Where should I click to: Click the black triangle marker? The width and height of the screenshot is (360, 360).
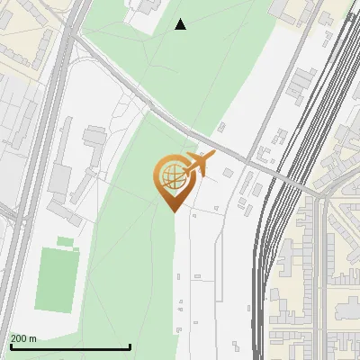tap(181, 24)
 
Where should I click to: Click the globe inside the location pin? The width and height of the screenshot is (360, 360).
tap(171, 175)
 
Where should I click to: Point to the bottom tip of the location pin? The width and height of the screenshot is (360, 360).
tap(172, 211)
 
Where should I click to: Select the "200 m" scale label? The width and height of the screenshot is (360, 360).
tap(23, 338)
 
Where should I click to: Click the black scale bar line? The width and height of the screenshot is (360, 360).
tap(70, 346)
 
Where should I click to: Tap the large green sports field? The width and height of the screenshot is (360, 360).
tap(57, 280)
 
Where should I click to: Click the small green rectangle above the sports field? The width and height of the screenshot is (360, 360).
tap(65, 241)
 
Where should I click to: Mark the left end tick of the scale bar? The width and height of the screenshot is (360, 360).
tap(10, 346)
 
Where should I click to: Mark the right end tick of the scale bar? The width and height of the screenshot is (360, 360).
tap(130, 346)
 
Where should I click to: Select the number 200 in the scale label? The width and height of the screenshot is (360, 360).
tap(18, 338)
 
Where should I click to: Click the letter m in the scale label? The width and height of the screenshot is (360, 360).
tap(33, 338)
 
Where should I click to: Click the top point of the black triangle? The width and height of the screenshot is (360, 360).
tap(181, 19)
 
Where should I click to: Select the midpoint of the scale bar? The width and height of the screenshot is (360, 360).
tap(70, 346)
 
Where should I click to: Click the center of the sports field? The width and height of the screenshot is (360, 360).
tap(57, 280)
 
